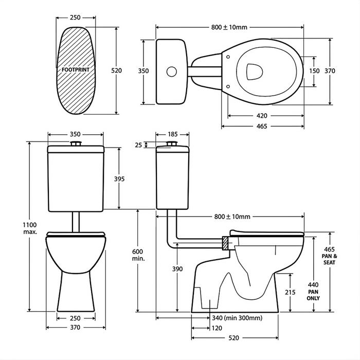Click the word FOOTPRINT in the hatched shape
(x=77, y=68)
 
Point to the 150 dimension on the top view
(x=315, y=71)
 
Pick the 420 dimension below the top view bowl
(x=261, y=115)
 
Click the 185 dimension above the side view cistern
(x=173, y=134)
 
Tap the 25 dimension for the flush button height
(x=138, y=146)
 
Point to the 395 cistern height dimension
(x=119, y=178)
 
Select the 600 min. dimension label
(x=138, y=255)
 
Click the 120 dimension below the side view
(x=217, y=328)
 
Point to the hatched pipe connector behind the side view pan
(x=225, y=242)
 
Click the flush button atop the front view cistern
(x=77, y=143)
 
